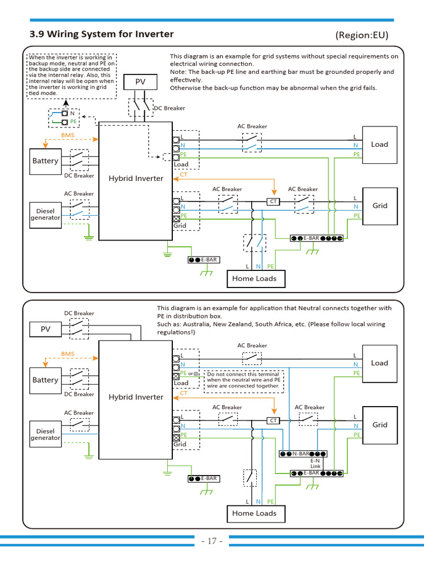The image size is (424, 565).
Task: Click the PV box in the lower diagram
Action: [45, 330]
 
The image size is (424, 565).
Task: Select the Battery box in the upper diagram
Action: [45, 161]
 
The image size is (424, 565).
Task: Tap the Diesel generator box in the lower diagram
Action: [45, 434]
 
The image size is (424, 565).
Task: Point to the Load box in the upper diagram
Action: [379, 145]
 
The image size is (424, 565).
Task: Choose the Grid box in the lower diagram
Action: [379, 425]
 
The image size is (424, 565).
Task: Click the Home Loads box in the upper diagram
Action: [254, 279]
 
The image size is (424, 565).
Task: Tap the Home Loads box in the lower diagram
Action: [254, 513]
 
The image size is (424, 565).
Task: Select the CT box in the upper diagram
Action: [273, 202]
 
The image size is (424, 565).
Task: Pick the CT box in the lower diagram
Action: [273, 420]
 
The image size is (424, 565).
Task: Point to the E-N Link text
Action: [315, 463]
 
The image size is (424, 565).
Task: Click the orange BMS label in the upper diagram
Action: [67, 135]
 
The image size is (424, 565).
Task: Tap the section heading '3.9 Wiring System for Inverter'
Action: [102, 34]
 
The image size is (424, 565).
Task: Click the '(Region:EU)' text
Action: [362, 35]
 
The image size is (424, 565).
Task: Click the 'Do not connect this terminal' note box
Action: [243, 381]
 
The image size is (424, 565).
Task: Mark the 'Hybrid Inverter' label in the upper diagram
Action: [136, 178]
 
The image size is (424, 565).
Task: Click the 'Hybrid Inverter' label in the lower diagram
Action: [136, 397]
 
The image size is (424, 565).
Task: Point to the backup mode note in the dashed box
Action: [71, 75]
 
